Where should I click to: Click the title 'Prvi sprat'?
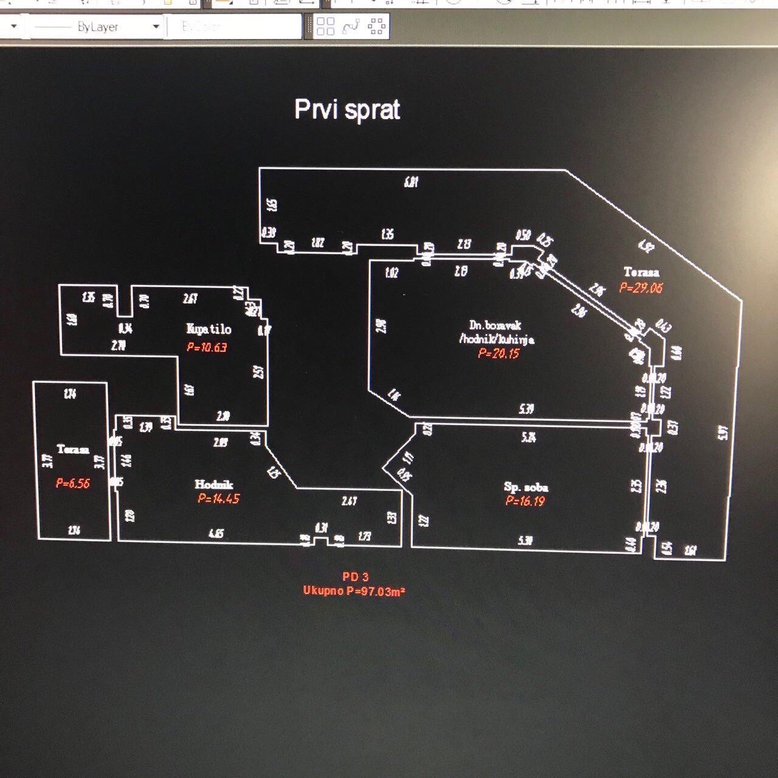(x=347, y=110)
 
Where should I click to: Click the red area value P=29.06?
(x=641, y=287)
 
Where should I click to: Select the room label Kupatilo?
(x=208, y=329)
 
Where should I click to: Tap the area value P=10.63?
(x=207, y=347)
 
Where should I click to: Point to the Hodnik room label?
(x=213, y=484)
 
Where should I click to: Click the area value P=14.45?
(x=218, y=498)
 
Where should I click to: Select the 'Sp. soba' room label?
(x=526, y=487)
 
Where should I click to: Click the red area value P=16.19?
(x=525, y=501)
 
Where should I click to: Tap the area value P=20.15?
(x=498, y=353)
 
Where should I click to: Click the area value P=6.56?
(x=72, y=483)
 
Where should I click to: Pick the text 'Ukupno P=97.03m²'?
(x=354, y=591)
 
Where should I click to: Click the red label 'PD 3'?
(x=356, y=576)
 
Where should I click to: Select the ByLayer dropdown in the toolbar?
(x=96, y=27)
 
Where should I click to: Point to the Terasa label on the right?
(x=641, y=272)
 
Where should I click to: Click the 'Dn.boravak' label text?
(x=495, y=325)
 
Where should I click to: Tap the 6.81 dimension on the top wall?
(x=411, y=181)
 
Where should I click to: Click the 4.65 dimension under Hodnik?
(x=216, y=533)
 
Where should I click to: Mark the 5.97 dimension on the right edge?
(x=723, y=433)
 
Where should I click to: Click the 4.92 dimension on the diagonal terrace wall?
(x=646, y=246)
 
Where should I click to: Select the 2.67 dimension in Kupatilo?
(x=190, y=298)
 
